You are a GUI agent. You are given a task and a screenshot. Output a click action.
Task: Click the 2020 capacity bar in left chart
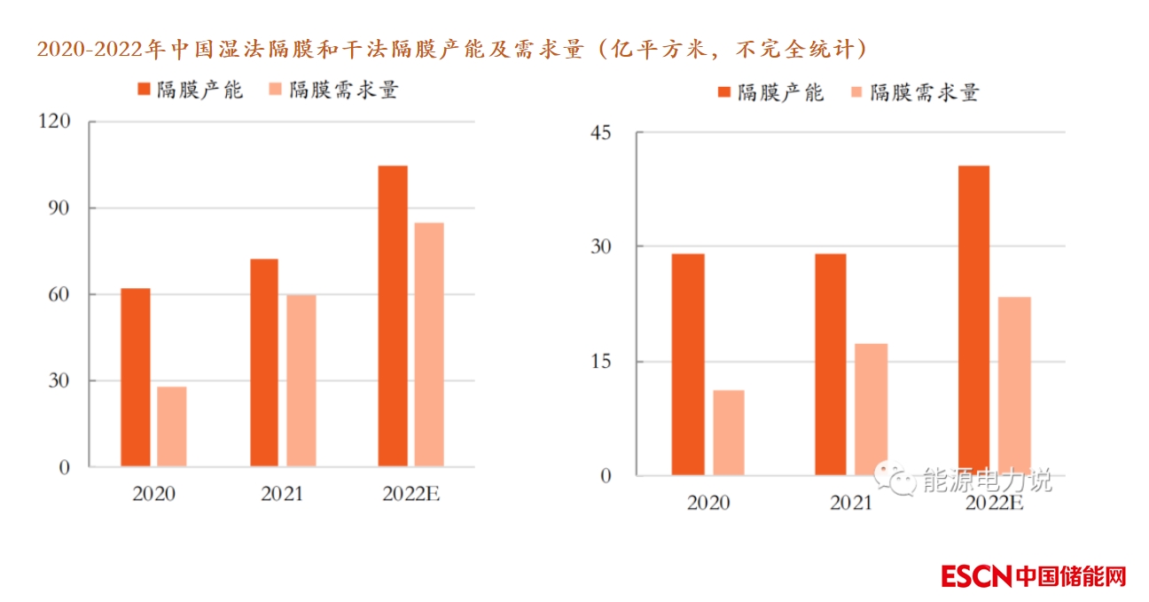(x=136, y=377)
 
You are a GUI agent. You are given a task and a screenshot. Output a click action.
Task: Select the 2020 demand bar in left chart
(x=172, y=426)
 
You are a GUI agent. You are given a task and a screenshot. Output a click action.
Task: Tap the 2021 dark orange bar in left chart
(x=264, y=362)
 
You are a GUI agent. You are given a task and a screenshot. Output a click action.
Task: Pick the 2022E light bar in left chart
(x=429, y=344)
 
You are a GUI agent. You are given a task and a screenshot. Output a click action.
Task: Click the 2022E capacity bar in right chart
(x=973, y=320)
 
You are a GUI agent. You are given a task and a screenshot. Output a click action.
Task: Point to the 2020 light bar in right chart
(x=729, y=433)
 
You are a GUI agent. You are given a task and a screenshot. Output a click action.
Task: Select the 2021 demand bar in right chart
(x=872, y=409)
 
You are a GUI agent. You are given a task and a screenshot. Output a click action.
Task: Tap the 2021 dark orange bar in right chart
(x=831, y=364)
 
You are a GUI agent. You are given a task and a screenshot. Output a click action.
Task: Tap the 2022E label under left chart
(x=411, y=495)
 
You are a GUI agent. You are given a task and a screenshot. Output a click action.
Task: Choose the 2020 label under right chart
(x=708, y=504)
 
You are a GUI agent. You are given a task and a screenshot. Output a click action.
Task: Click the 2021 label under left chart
(x=282, y=495)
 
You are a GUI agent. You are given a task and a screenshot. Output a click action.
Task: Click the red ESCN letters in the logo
(x=976, y=576)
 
